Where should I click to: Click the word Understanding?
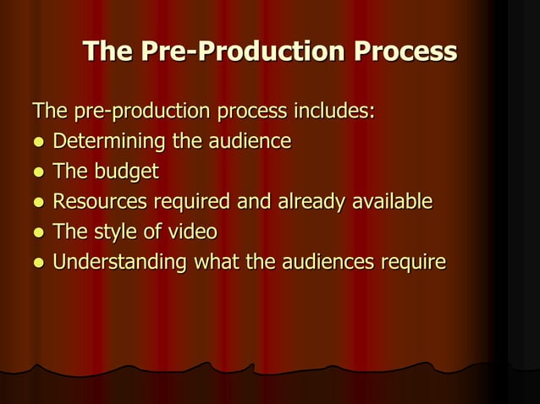pos(119,263)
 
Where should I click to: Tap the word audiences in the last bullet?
pos(322,262)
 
